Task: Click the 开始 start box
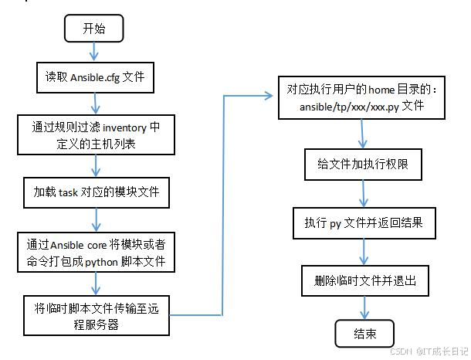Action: click(93, 29)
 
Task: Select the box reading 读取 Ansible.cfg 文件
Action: click(95, 78)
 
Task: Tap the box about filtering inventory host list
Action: click(95, 135)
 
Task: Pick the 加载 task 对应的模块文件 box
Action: click(96, 192)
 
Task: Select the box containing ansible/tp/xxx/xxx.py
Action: click(361, 98)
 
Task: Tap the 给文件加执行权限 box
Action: click(361, 165)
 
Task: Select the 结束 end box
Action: click(364, 334)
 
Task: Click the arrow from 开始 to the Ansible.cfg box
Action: click(94, 52)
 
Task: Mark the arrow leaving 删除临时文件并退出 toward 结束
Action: click(364, 307)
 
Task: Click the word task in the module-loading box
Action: click(67, 192)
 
